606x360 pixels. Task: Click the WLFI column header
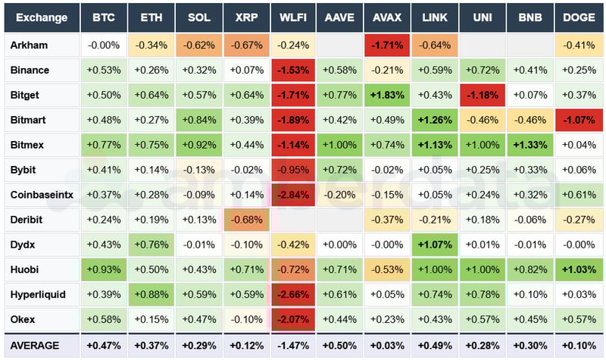pyautogui.click(x=293, y=17)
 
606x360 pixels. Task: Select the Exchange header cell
pyautogui.click(x=41, y=17)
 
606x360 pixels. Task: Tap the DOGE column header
pyautogui.click(x=578, y=17)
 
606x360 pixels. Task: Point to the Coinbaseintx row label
pyautogui.click(x=41, y=195)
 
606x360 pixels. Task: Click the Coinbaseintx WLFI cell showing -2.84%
pyautogui.click(x=293, y=195)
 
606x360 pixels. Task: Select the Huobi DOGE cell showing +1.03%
pyautogui.click(x=578, y=269)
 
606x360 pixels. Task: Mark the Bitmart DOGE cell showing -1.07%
pyautogui.click(x=578, y=120)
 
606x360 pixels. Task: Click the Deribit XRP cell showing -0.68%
pyautogui.click(x=245, y=220)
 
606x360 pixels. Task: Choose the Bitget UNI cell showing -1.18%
pyautogui.click(x=483, y=95)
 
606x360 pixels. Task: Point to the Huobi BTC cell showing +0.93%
pyautogui.click(x=104, y=269)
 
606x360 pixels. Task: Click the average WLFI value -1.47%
pyautogui.click(x=293, y=346)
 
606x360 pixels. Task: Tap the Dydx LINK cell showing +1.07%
pyautogui.click(x=435, y=245)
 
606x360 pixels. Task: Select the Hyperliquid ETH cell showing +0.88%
pyautogui.click(x=151, y=294)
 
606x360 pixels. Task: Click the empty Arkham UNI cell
pyautogui.click(x=483, y=45)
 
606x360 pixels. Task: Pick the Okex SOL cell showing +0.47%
pyautogui.click(x=198, y=319)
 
